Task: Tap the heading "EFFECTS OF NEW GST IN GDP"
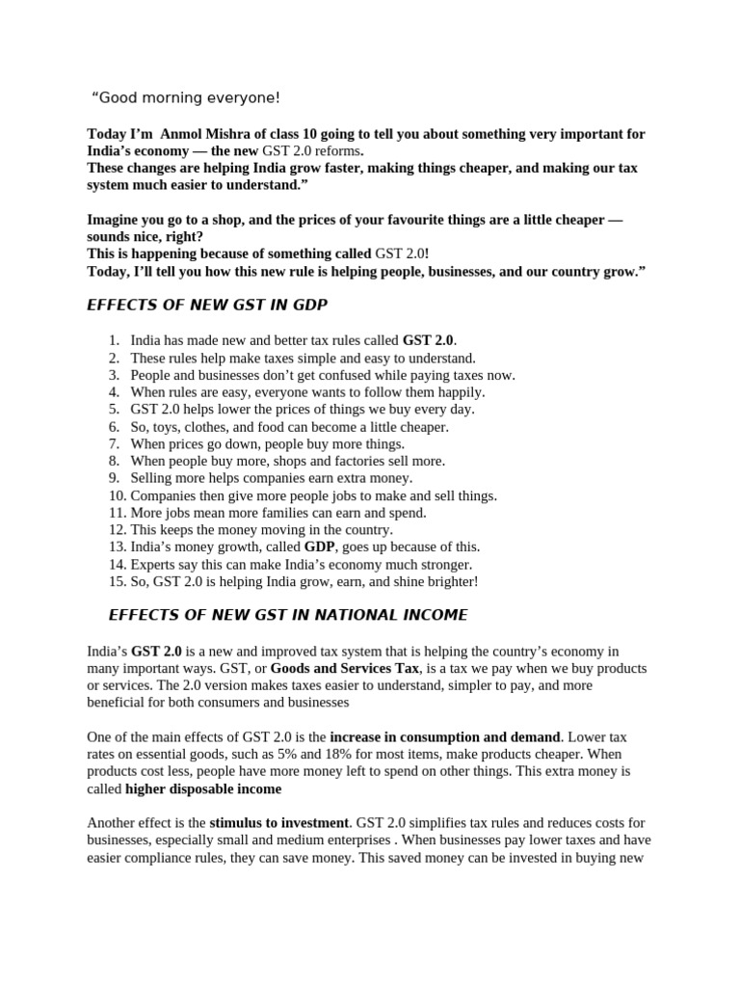[207, 306]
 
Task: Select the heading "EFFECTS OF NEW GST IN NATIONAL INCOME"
[288, 615]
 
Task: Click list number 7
[114, 444]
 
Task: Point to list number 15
[117, 582]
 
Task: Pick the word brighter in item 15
[451, 582]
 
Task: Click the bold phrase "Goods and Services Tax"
[345, 668]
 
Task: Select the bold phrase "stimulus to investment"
[279, 823]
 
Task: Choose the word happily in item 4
[454, 392]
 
